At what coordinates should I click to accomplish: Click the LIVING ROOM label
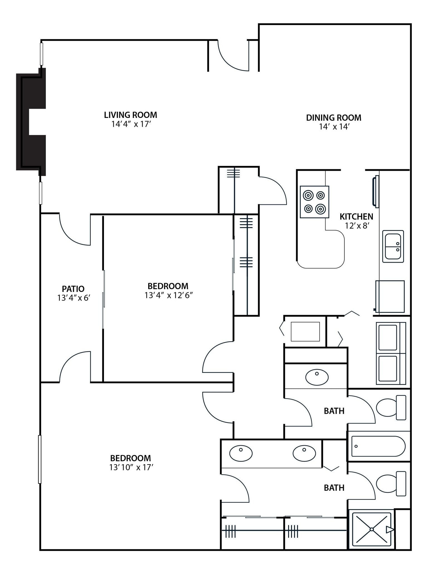tap(130, 115)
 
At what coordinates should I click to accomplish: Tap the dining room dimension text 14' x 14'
tap(334, 127)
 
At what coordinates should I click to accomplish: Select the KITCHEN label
tap(356, 217)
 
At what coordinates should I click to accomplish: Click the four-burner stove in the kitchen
tap(314, 202)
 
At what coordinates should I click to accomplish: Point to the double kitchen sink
tap(393, 246)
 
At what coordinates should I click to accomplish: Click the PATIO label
tap(73, 289)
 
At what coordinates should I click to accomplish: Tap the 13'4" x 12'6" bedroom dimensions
tap(169, 295)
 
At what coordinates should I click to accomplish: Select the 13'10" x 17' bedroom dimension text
tap(131, 468)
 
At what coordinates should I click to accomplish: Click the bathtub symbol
tap(378, 446)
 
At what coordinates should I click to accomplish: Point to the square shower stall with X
tap(372, 529)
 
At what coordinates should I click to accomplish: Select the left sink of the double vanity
tap(241, 453)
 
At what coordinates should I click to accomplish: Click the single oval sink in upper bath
tap(317, 378)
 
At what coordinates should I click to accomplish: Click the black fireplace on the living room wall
tap(31, 122)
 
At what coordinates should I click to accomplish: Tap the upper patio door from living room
tap(75, 230)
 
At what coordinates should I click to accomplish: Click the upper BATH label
tap(334, 411)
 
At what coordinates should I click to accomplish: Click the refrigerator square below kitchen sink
tap(390, 296)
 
